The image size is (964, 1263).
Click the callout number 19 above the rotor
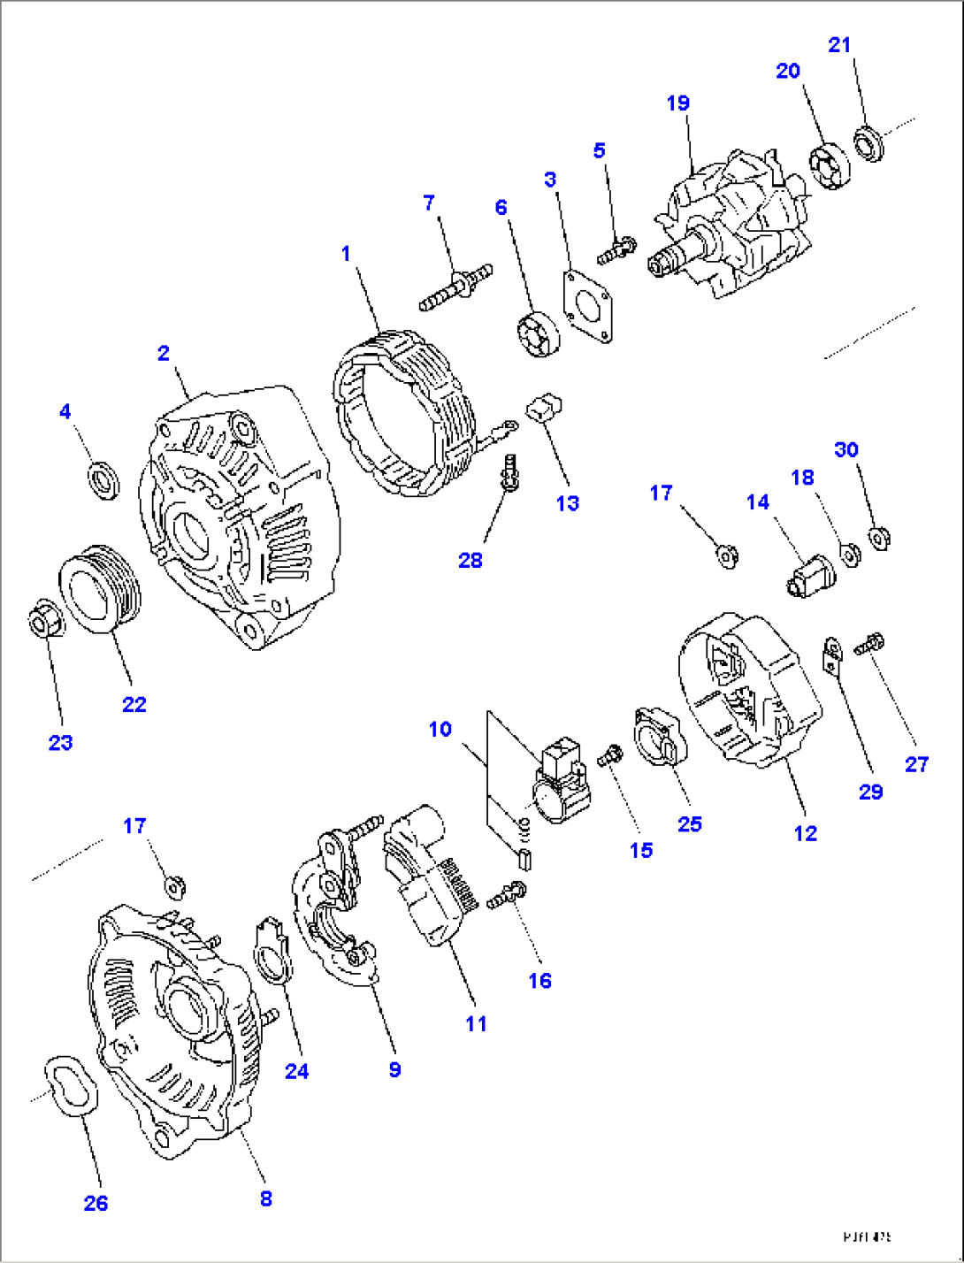coord(677,103)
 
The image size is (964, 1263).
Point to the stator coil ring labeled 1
coord(402,411)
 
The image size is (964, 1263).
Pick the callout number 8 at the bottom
coord(265,1199)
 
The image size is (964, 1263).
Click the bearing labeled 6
coord(537,335)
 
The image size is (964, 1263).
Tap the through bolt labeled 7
coord(455,287)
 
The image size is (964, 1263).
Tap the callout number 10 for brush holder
coord(440,729)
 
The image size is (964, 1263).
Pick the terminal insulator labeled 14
coord(810,576)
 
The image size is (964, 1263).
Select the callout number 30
coord(846,449)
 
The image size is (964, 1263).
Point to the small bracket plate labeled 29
coord(831,654)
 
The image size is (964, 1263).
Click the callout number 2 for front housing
coord(163,353)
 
